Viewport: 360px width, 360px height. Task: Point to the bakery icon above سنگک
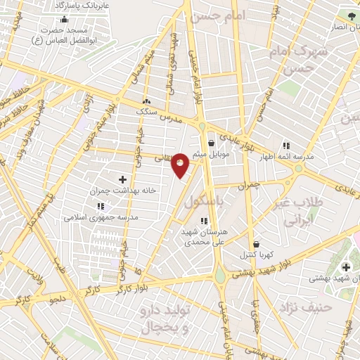click(146, 101)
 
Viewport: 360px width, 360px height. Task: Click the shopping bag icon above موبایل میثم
click(211, 143)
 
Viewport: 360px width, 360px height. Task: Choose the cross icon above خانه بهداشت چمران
click(123, 179)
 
